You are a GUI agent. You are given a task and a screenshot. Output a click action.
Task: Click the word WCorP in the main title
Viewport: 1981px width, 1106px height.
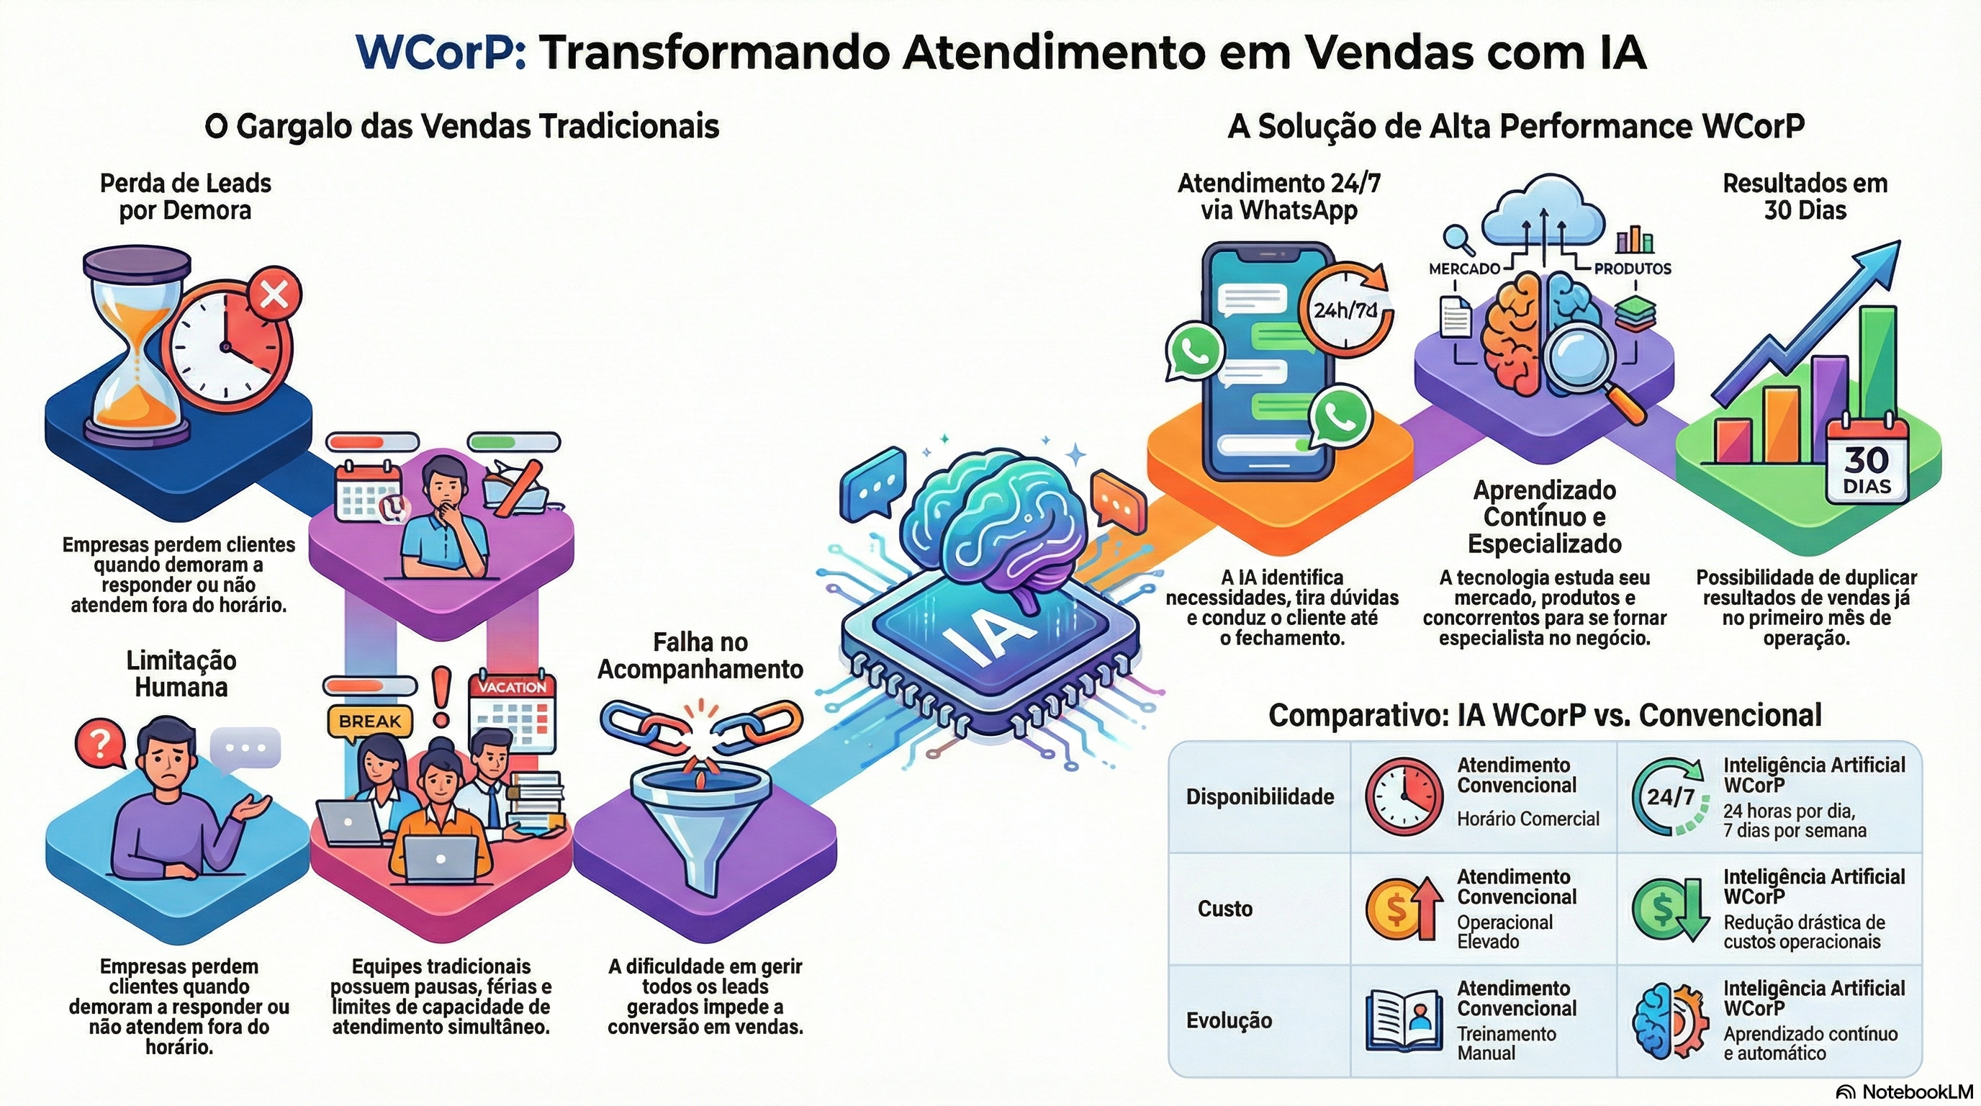[x=441, y=53]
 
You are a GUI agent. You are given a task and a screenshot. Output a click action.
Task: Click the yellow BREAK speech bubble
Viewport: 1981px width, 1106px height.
[x=370, y=721]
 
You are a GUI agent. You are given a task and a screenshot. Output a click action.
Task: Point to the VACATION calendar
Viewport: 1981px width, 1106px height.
[x=513, y=712]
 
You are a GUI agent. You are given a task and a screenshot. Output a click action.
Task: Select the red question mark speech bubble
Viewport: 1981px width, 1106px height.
[x=101, y=742]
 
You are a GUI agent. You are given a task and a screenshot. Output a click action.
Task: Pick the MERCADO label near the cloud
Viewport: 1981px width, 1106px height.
[x=1464, y=269]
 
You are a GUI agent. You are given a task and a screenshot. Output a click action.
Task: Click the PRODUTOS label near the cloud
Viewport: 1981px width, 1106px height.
[x=1632, y=269]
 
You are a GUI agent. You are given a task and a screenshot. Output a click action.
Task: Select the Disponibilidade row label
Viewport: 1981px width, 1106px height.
[x=1260, y=797]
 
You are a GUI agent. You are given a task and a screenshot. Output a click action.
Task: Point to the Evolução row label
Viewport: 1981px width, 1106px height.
[x=1229, y=1020]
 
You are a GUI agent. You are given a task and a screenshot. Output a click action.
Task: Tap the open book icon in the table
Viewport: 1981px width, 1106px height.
[x=1404, y=1020]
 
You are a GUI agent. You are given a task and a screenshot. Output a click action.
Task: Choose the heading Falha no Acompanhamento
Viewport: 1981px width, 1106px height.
[x=700, y=655]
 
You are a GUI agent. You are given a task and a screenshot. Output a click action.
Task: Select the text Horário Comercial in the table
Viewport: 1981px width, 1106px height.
[x=1528, y=819]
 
